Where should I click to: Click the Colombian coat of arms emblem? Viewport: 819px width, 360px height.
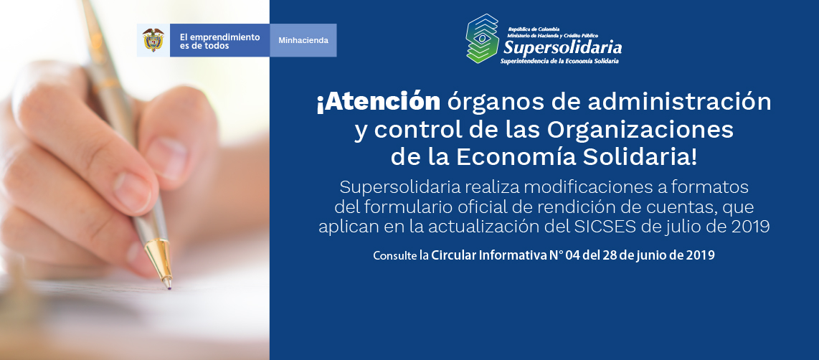click(153, 40)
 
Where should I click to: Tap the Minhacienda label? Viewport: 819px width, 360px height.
click(303, 40)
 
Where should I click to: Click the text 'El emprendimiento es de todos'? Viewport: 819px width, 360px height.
click(219, 42)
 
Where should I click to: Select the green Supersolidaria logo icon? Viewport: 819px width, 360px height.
click(482, 39)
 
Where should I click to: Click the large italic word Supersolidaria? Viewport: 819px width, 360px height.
click(562, 47)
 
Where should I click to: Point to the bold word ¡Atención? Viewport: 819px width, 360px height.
click(378, 102)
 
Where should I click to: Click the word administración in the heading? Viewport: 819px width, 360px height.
click(680, 102)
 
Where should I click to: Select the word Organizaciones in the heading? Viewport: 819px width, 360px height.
click(640, 130)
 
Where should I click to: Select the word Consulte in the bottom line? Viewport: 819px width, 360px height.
click(394, 256)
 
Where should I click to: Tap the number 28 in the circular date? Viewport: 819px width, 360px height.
click(609, 255)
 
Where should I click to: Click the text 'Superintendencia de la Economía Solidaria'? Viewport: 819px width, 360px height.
click(560, 61)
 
